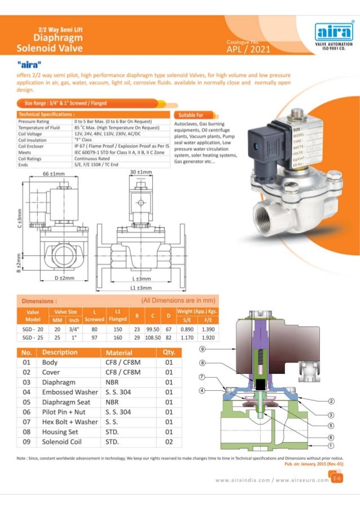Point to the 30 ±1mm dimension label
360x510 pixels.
point(140,172)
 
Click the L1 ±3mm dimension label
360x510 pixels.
point(141,287)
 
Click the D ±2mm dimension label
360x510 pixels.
point(65,278)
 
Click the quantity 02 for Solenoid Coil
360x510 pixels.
point(168,442)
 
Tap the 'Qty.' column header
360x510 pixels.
point(168,352)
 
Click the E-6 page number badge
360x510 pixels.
point(336,479)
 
